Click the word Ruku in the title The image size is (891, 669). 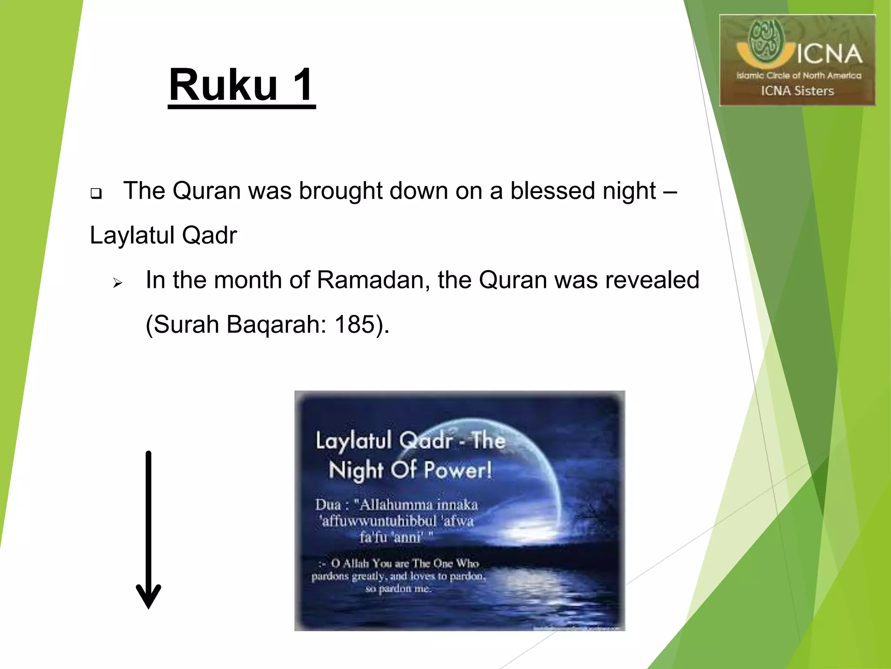(223, 85)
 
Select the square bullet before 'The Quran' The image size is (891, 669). (96, 193)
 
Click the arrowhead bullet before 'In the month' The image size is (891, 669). (117, 284)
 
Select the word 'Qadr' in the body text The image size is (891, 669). (209, 236)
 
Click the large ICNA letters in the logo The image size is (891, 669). (829, 54)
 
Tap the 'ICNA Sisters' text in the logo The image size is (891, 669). (797, 91)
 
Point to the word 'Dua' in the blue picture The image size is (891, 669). (328, 505)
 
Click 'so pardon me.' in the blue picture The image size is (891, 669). (399, 589)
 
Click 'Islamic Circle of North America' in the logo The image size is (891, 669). (798, 75)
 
